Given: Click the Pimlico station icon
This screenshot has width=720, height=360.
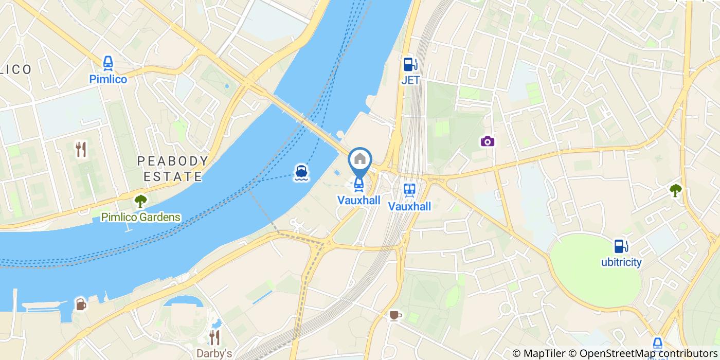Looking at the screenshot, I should [108, 63].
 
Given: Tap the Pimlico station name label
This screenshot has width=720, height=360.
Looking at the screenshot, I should [108, 79].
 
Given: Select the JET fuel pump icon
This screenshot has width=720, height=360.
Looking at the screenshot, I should [410, 64].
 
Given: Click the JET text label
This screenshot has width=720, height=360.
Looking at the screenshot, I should [410, 80].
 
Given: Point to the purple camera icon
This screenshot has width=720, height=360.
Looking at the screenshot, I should [488, 141].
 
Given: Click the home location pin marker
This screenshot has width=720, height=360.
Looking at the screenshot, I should [360, 159].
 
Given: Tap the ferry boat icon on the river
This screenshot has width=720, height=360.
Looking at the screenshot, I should [301, 173].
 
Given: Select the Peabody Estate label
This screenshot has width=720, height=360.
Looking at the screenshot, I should [172, 169].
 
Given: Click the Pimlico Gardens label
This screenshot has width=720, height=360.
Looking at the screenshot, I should [140, 217].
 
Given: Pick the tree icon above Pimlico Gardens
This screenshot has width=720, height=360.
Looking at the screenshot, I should [140, 200].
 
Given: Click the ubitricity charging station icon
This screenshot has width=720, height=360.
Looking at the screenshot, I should [621, 246].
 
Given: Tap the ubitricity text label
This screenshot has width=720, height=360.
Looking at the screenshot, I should [621, 262].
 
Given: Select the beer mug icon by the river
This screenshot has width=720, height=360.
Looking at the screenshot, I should [81, 304].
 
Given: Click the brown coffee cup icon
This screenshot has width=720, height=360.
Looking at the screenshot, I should [394, 315].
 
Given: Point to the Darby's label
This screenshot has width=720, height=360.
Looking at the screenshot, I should [214, 353].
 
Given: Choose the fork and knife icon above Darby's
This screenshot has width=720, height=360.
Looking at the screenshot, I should [214, 337].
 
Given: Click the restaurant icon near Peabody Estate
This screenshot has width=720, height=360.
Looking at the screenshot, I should [81, 149].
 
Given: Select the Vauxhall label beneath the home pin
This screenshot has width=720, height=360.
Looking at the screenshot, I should [358, 200].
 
